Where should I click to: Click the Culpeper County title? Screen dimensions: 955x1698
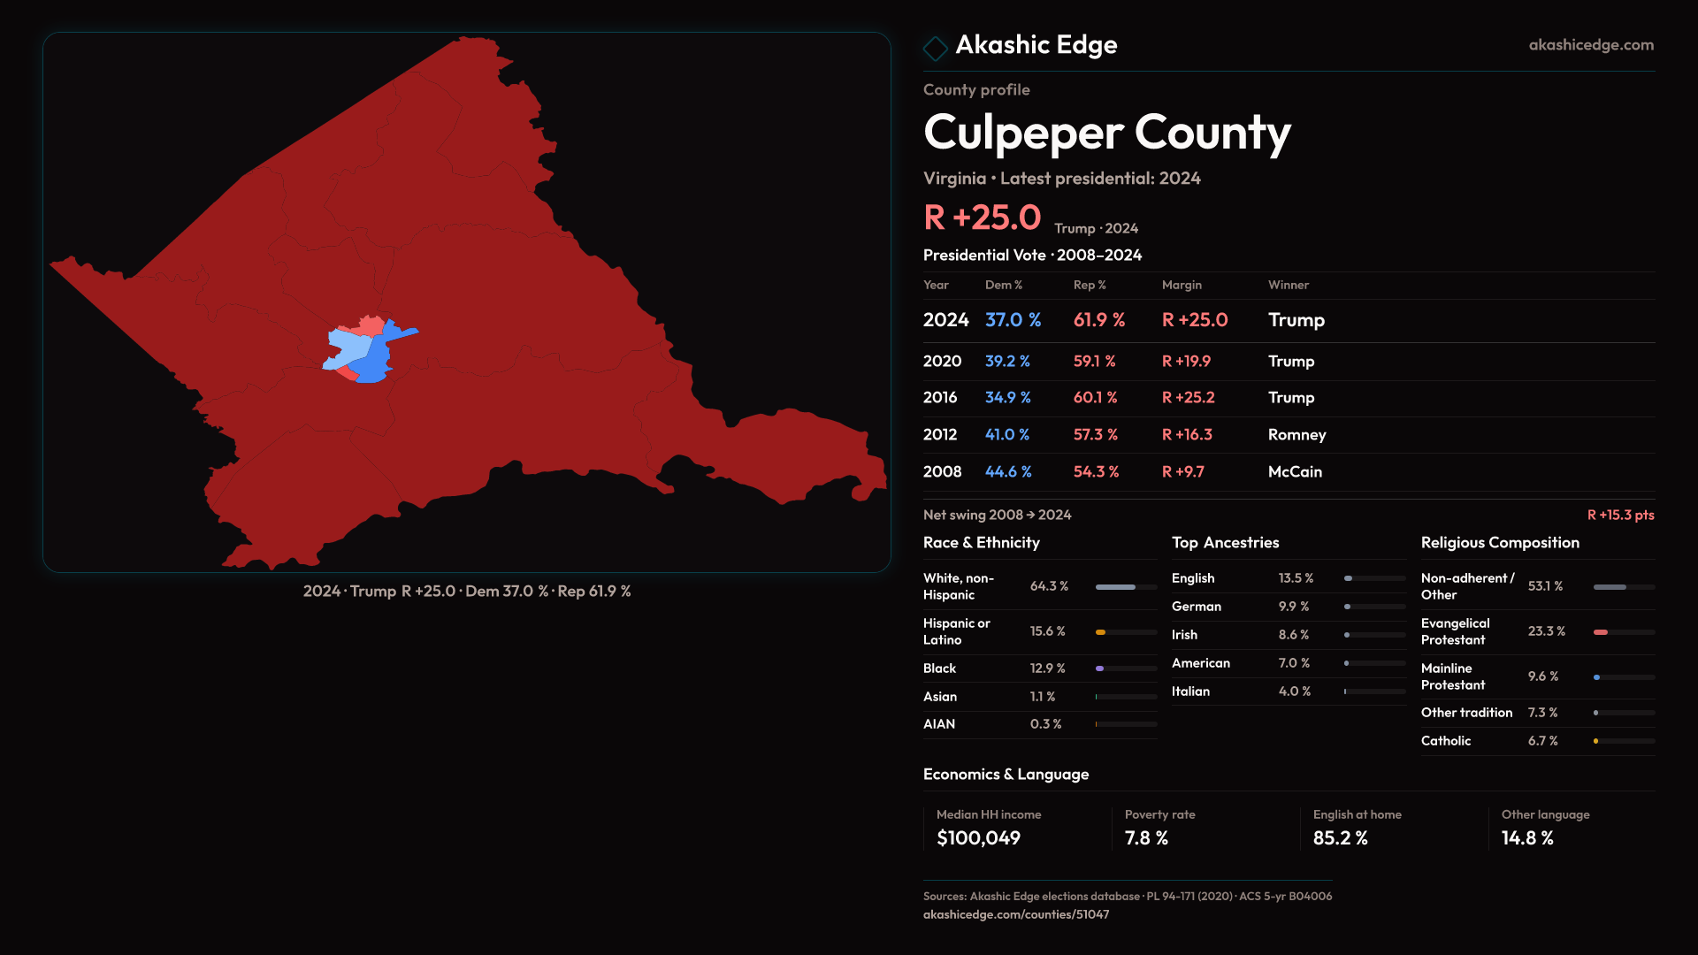tap(1106, 133)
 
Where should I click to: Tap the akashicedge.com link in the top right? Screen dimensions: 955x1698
tap(1590, 45)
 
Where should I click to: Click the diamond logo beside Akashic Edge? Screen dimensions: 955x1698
tap(935, 48)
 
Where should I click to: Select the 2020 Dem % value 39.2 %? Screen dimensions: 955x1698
tap(1007, 362)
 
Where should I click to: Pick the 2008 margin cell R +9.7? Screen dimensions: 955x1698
tap(1182, 472)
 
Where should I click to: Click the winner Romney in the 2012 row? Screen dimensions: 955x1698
tap(1296, 435)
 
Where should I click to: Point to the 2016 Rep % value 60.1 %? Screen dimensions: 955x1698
tap(1095, 398)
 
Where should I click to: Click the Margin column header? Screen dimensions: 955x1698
tap(1182, 285)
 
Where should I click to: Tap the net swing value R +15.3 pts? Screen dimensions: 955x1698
tap(1620, 516)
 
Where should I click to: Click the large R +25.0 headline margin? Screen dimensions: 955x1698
tap(982, 218)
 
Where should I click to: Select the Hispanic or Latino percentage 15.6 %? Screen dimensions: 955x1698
tap(1047, 631)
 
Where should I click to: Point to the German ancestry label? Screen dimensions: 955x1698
tap(1196, 607)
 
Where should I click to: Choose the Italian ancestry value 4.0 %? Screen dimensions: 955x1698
tap(1294, 691)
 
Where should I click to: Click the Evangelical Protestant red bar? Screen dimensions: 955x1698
tap(1601, 632)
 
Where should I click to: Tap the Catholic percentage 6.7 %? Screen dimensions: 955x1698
tap(1542, 741)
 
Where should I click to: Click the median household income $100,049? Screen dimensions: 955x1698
tap(978, 838)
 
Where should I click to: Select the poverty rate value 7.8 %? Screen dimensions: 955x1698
tap(1146, 838)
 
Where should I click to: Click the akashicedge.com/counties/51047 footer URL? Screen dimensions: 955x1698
tap(1015, 915)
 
